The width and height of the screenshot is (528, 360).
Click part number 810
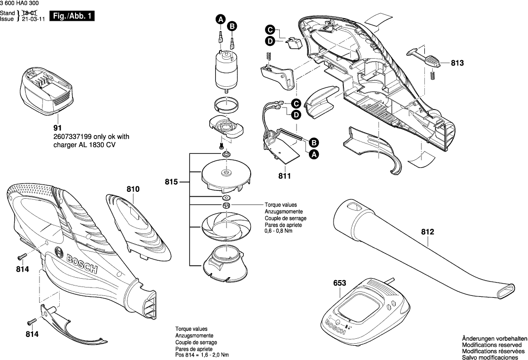click(x=133, y=189)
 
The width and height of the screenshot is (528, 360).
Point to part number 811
click(x=285, y=176)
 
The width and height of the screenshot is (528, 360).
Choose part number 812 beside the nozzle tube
click(x=427, y=230)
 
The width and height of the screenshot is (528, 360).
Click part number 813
click(x=457, y=63)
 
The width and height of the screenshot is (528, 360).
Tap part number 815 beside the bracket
click(x=172, y=182)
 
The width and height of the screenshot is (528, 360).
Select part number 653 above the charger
click(x=340, y=284)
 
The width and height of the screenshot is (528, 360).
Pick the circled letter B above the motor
click(x=232, y=26)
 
